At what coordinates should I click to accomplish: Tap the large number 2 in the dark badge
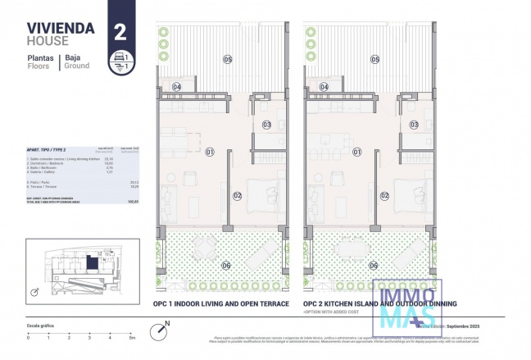[120, 32]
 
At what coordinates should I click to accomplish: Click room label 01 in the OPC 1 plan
[209, 151]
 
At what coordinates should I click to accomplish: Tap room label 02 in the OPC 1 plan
[237, 195]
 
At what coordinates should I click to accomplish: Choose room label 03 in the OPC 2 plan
[415, 125]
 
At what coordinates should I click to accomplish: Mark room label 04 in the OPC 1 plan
[176, 86]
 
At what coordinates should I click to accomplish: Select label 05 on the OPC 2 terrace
[374, 59]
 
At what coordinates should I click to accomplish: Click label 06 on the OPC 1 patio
[225, 265]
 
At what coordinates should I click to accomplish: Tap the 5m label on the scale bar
[131, 337]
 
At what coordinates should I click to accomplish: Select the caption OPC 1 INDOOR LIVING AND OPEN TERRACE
[221, 303]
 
